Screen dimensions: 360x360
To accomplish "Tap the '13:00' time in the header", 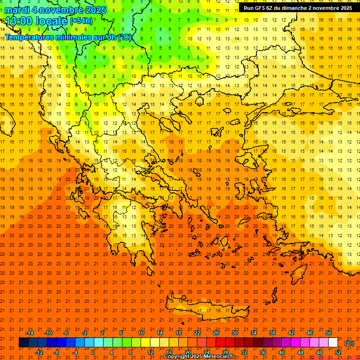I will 18,22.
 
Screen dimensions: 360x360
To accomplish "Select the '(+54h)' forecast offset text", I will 81,21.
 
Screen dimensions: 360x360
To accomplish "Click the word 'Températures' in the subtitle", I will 30,37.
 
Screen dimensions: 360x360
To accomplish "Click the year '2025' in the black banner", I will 345,8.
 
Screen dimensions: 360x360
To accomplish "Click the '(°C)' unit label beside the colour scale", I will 349,343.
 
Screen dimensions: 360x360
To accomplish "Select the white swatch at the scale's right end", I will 333,343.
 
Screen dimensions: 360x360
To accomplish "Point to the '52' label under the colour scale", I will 338,352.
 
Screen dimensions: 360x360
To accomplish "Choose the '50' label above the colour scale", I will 329,333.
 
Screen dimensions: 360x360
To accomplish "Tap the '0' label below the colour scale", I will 93,352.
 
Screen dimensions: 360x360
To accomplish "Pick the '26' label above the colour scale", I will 216,333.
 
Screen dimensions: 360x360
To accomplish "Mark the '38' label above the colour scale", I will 272,333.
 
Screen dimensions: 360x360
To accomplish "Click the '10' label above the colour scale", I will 141,333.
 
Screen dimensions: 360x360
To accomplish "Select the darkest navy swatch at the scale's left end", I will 23,343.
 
